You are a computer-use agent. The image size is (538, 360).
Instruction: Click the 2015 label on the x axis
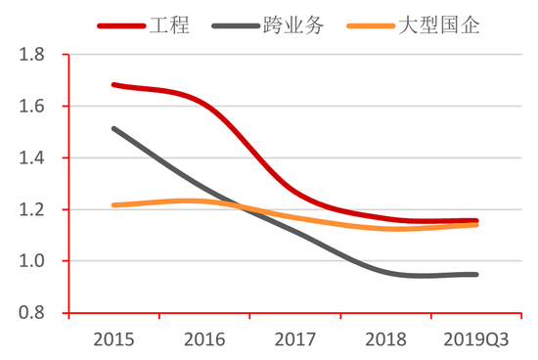(113, 339)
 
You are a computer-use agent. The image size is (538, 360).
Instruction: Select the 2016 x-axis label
(204, 339)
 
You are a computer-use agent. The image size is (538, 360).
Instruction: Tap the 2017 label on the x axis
(295, 339)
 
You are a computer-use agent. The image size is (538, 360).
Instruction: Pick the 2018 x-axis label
(385, 339)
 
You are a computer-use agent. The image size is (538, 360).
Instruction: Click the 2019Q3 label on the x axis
(476, 339)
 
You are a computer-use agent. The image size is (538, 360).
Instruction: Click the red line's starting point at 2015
(114, 85)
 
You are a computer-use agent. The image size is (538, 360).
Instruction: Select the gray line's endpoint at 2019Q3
(476, 274)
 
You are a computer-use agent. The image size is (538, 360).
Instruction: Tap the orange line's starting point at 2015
(114, 205)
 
